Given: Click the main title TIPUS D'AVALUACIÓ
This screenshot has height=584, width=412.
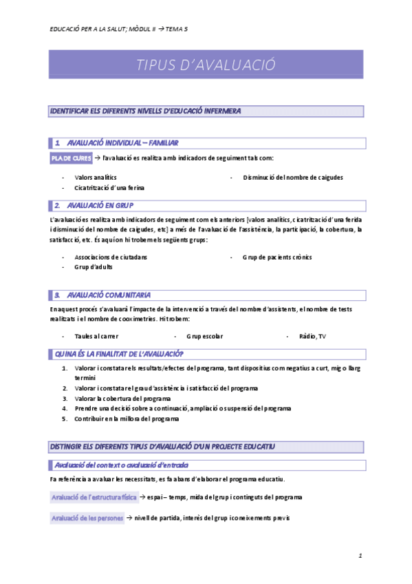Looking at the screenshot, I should point(206,65).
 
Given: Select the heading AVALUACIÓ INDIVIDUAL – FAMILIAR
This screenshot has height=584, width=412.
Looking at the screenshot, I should point(122,143).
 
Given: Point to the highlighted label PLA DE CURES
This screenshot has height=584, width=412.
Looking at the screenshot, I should point(71,158).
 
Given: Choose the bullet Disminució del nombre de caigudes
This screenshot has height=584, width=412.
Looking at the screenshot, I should point(292,177).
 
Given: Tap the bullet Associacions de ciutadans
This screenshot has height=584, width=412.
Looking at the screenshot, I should point(110,257).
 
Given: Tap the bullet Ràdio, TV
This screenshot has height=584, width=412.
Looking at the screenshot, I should point(312,336).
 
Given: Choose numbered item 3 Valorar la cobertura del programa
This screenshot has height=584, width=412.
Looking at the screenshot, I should point(122,398).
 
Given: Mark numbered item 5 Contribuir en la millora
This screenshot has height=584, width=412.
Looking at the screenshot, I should point(127,418).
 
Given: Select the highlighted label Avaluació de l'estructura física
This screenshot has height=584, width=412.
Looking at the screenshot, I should point(94,497).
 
